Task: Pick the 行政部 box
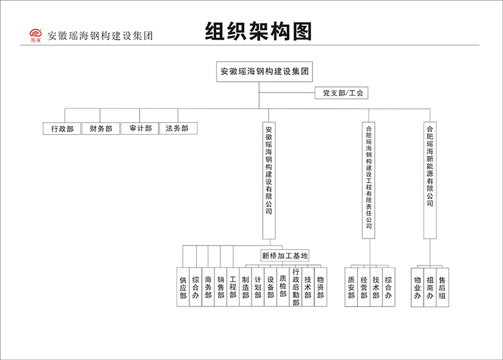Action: point(62,128)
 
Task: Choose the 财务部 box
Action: point(101,128)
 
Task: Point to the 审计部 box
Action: point(140,128)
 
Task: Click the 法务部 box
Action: point(177,128)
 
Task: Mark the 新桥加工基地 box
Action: point(285,256)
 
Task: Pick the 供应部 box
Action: point(183,287)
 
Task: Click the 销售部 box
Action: point(220,287)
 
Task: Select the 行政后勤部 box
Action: point(296,287)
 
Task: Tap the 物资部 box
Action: point(320,287)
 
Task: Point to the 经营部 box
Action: point(364,287)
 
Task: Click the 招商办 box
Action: point(430,287)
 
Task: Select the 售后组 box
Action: point(443,287)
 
